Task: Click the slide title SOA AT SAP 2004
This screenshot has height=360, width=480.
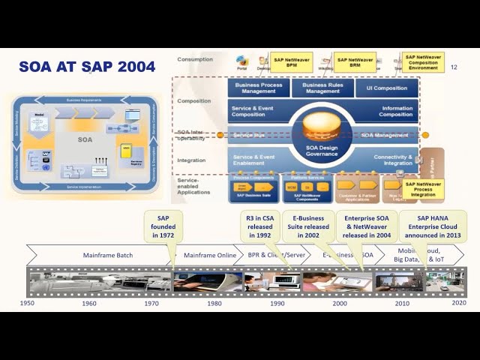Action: point(87,67)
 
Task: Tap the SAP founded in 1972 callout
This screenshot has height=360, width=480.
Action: point(163,226)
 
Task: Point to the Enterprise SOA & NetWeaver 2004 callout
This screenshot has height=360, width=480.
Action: point(365,226)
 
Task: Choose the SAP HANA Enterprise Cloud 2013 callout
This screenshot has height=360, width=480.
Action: point(433,226)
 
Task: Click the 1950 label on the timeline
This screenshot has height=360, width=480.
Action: point(27,303)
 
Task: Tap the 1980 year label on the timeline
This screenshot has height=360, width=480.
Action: point(214,303)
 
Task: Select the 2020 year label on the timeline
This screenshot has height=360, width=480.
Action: point(458,303)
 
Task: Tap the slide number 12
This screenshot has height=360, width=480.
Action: point(454,67)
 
